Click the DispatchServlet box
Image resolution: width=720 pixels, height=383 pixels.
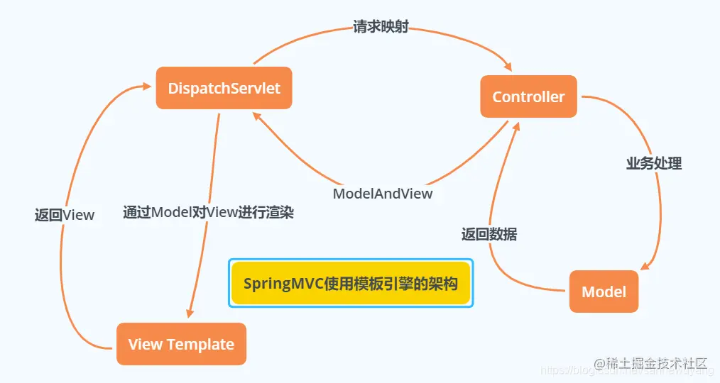point(224,89)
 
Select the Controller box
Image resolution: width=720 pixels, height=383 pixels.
point(528,97)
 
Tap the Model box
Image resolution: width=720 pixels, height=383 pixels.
point(604,292)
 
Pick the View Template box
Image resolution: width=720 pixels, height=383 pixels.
point(181,345)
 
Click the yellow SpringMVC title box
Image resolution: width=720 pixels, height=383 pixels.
point(350,283)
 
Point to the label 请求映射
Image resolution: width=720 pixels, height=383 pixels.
point(381,28)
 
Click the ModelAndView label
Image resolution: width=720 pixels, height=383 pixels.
point(383,193)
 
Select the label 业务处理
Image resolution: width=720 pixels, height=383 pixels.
point(653,163)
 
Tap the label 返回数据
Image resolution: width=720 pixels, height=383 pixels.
point(489,235)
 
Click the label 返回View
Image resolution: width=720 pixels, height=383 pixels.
point(65,214)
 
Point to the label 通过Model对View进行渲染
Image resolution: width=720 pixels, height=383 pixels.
point(208,212)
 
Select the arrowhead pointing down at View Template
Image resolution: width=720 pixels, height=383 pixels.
point(190,313)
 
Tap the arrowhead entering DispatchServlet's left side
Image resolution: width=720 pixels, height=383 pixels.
point(147,86)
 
